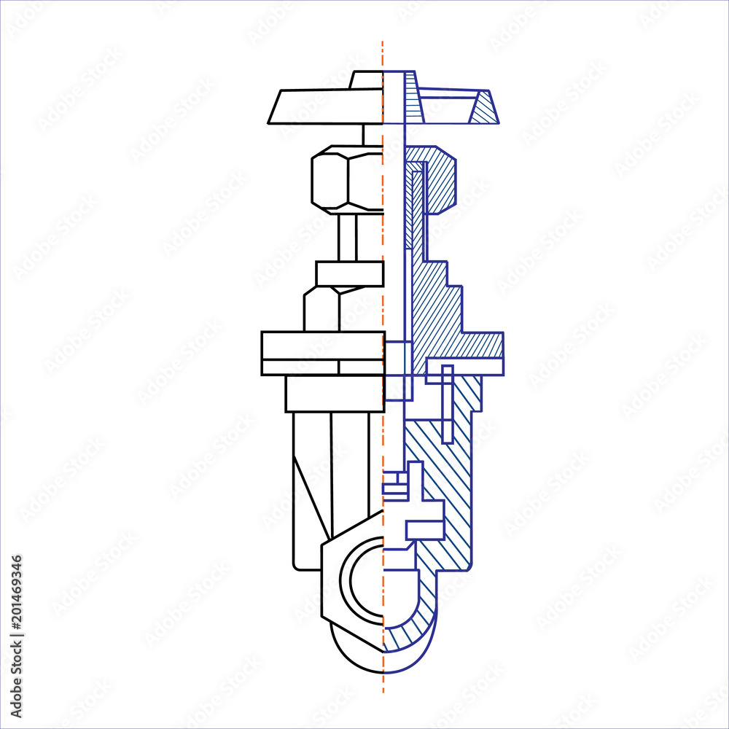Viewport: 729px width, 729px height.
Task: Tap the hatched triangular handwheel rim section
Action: [483, 109]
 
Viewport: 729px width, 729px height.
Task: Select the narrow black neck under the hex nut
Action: [348, 237]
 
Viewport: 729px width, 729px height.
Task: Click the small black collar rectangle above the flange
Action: [349, 273]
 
